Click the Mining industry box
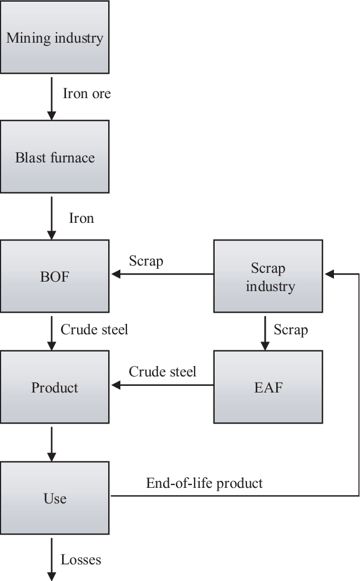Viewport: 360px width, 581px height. [54, 37]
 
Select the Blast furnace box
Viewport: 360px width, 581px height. [54, 157]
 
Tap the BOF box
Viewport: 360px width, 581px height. [54, 276]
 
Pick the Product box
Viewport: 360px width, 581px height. [54, 387]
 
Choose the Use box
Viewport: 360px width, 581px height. [54, 497]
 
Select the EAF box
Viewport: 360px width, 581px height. [268, 387]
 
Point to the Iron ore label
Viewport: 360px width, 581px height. [87, 93]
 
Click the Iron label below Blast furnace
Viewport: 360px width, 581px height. [81, 218]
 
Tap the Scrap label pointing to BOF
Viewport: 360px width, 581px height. [146, 261]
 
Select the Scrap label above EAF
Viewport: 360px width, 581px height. [291, 330]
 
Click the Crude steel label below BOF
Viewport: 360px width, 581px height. [94, 329]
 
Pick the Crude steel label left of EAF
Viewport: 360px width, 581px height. [163, 371]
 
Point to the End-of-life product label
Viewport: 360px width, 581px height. [204, 483]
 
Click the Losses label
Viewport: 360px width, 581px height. [81, 559]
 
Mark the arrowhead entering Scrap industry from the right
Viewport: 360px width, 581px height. [329, 274]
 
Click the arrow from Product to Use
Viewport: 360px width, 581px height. [52, 443]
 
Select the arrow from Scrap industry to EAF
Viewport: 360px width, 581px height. [265, 333]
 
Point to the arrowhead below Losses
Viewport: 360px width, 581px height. [52, 576]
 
